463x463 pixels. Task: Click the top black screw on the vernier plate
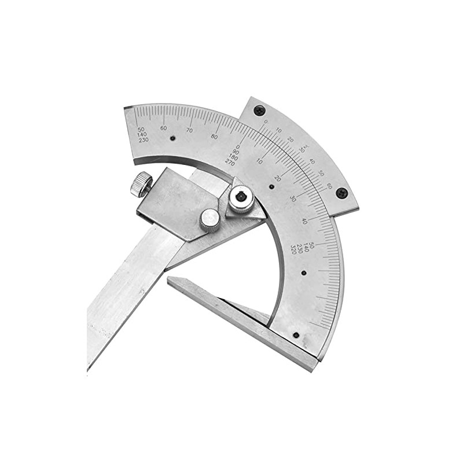(x=259, y=110)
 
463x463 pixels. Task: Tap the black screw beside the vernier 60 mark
(x=342, y=193)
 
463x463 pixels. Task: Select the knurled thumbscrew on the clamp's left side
(x=141, y=184)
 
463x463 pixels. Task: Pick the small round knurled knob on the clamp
(x=210, y=221)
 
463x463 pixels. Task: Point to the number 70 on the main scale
(x=189, y=130)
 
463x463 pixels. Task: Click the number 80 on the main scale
(x=215, y=137)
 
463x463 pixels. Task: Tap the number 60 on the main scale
(x=164, y=128)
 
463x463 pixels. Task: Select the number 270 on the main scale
(x=230, y=163)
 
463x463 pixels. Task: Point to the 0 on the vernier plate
(x=266, y=122)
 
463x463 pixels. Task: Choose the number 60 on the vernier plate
(x=329, y=186)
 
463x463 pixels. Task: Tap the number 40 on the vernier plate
(x=313, y=161)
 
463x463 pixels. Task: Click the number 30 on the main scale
(x=293, y=199)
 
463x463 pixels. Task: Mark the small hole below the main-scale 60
(x=172, y=138)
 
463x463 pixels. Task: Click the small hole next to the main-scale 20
(x=271, y=186)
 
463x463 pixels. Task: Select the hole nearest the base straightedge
(x=296, y=335)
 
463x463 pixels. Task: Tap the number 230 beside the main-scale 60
(x=143, y=140)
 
